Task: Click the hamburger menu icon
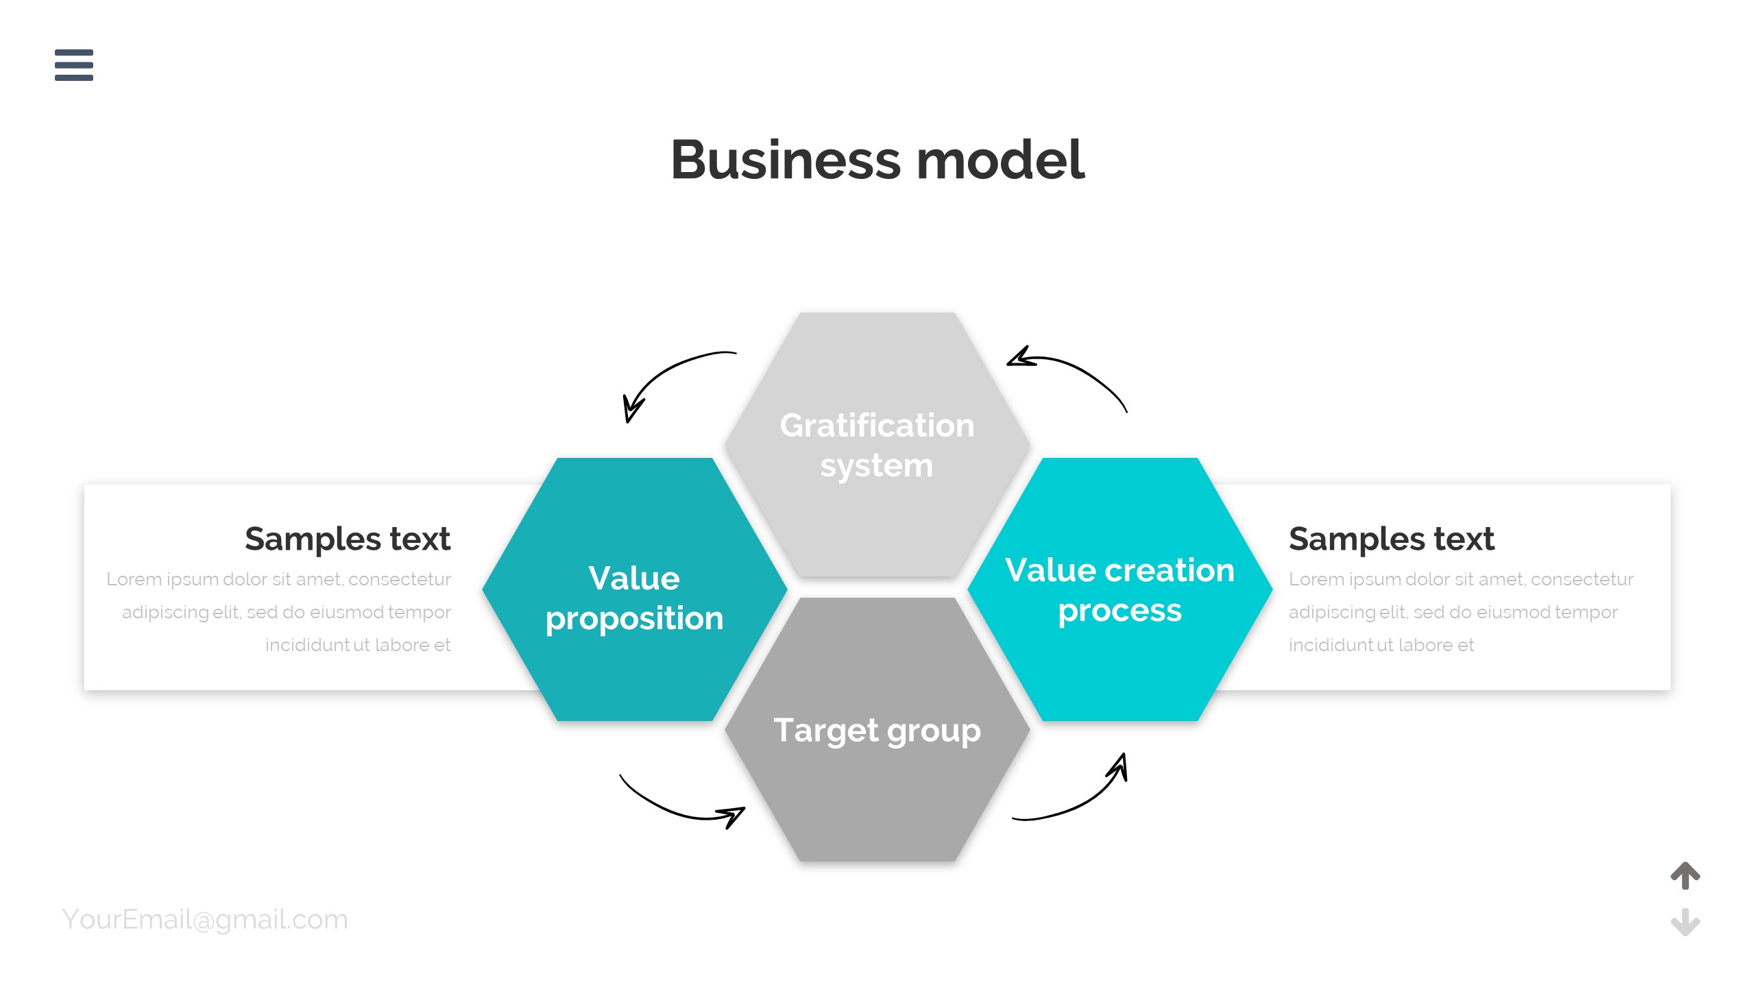point(74,65)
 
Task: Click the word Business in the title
point(785,160)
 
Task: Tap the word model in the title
point(1001,160)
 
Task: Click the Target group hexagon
point(877,795)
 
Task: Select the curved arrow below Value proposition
point(679,805)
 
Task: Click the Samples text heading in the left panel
point(348,539)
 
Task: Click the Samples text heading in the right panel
point(1391,539)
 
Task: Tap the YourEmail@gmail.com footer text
point(205,919)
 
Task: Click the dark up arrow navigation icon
point(1685,875)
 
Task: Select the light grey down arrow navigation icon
point(1685,922)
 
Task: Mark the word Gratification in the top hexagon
point(877,426)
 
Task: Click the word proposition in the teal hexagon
point(634,619)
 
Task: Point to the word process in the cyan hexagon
point(1119,611)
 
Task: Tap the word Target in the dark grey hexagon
point(825,730)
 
